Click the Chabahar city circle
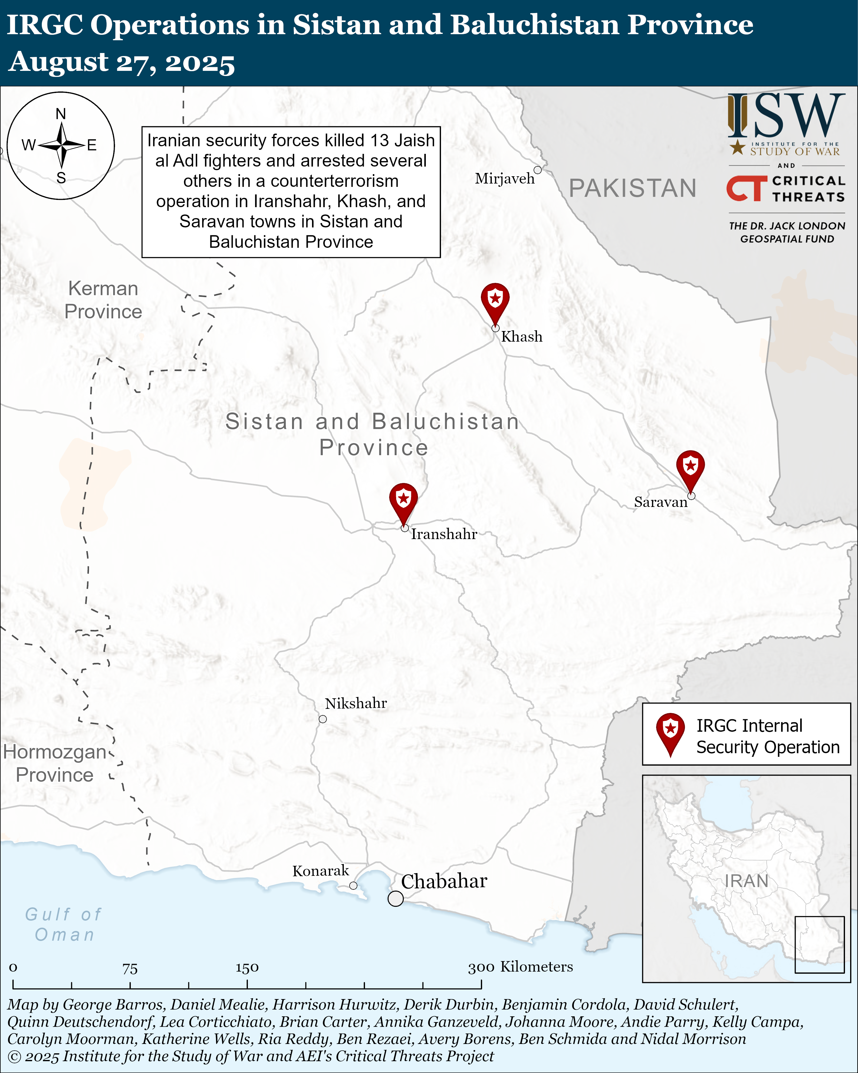point(396,898)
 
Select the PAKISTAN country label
point(632,188)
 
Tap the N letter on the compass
point(61,114)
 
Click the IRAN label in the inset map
point(746,881)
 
